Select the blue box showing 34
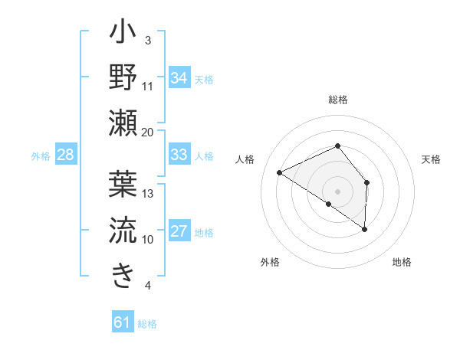(179, 78)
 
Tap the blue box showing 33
(179, 155)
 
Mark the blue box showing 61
(123, 322)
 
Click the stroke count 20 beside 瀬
(148, 132)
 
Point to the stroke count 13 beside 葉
(148, 194)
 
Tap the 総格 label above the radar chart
(338, 100)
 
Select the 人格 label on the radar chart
(245, 159)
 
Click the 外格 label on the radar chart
(270, 262)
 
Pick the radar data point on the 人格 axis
(280, 172)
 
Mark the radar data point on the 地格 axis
(365, 229)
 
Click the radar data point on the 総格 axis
(338, 146)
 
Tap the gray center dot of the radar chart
(338, 191)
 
